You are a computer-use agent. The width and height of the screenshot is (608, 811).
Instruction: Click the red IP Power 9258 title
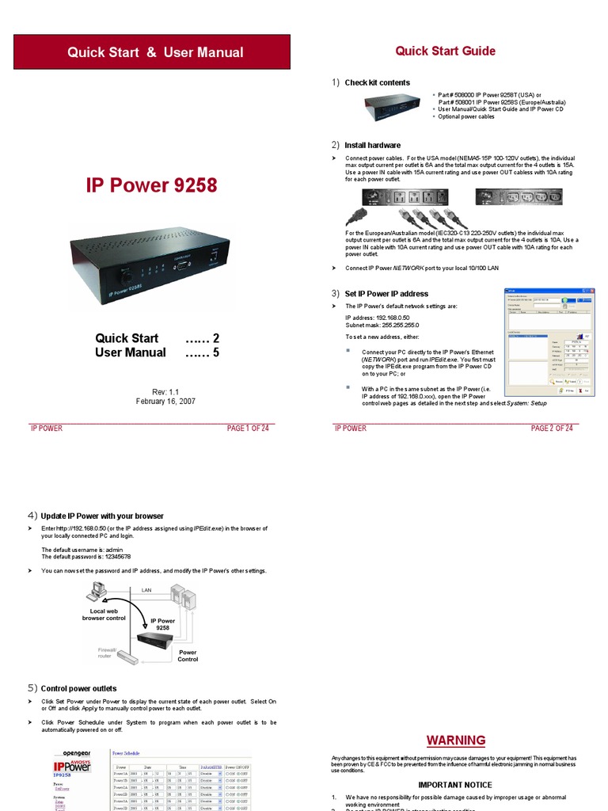[x=151, y=185]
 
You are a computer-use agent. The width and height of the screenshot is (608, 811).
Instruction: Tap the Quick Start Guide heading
[x=445, y=51]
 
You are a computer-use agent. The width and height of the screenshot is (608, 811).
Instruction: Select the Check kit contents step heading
[x=377, y=82]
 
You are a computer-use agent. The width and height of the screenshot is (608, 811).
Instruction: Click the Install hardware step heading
[x=372, y=145]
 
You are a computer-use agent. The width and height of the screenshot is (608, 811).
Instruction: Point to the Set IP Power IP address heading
[x=386, y=293]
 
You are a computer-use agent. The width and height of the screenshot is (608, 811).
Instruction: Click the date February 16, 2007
[x=165, y=402]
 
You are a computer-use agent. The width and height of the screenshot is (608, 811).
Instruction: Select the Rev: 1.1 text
[x=165, y=391]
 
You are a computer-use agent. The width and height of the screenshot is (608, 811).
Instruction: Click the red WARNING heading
[x=455, y=741]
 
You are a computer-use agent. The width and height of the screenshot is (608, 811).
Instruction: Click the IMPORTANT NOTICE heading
[x=455, y=785]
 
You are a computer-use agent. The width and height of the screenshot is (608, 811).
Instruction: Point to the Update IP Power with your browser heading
[x=102, y=516]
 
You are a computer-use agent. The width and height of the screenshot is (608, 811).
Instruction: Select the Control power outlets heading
[x=78, y=688]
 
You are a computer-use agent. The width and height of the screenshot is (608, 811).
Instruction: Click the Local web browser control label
[x=104, y=615]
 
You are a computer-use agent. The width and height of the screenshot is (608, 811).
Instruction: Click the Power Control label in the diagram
[x=188, y=656]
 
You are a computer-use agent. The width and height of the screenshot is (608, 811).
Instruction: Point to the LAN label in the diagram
[x=146, y=590]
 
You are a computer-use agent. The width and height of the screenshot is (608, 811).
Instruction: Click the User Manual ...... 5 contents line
[x=157, y=352]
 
